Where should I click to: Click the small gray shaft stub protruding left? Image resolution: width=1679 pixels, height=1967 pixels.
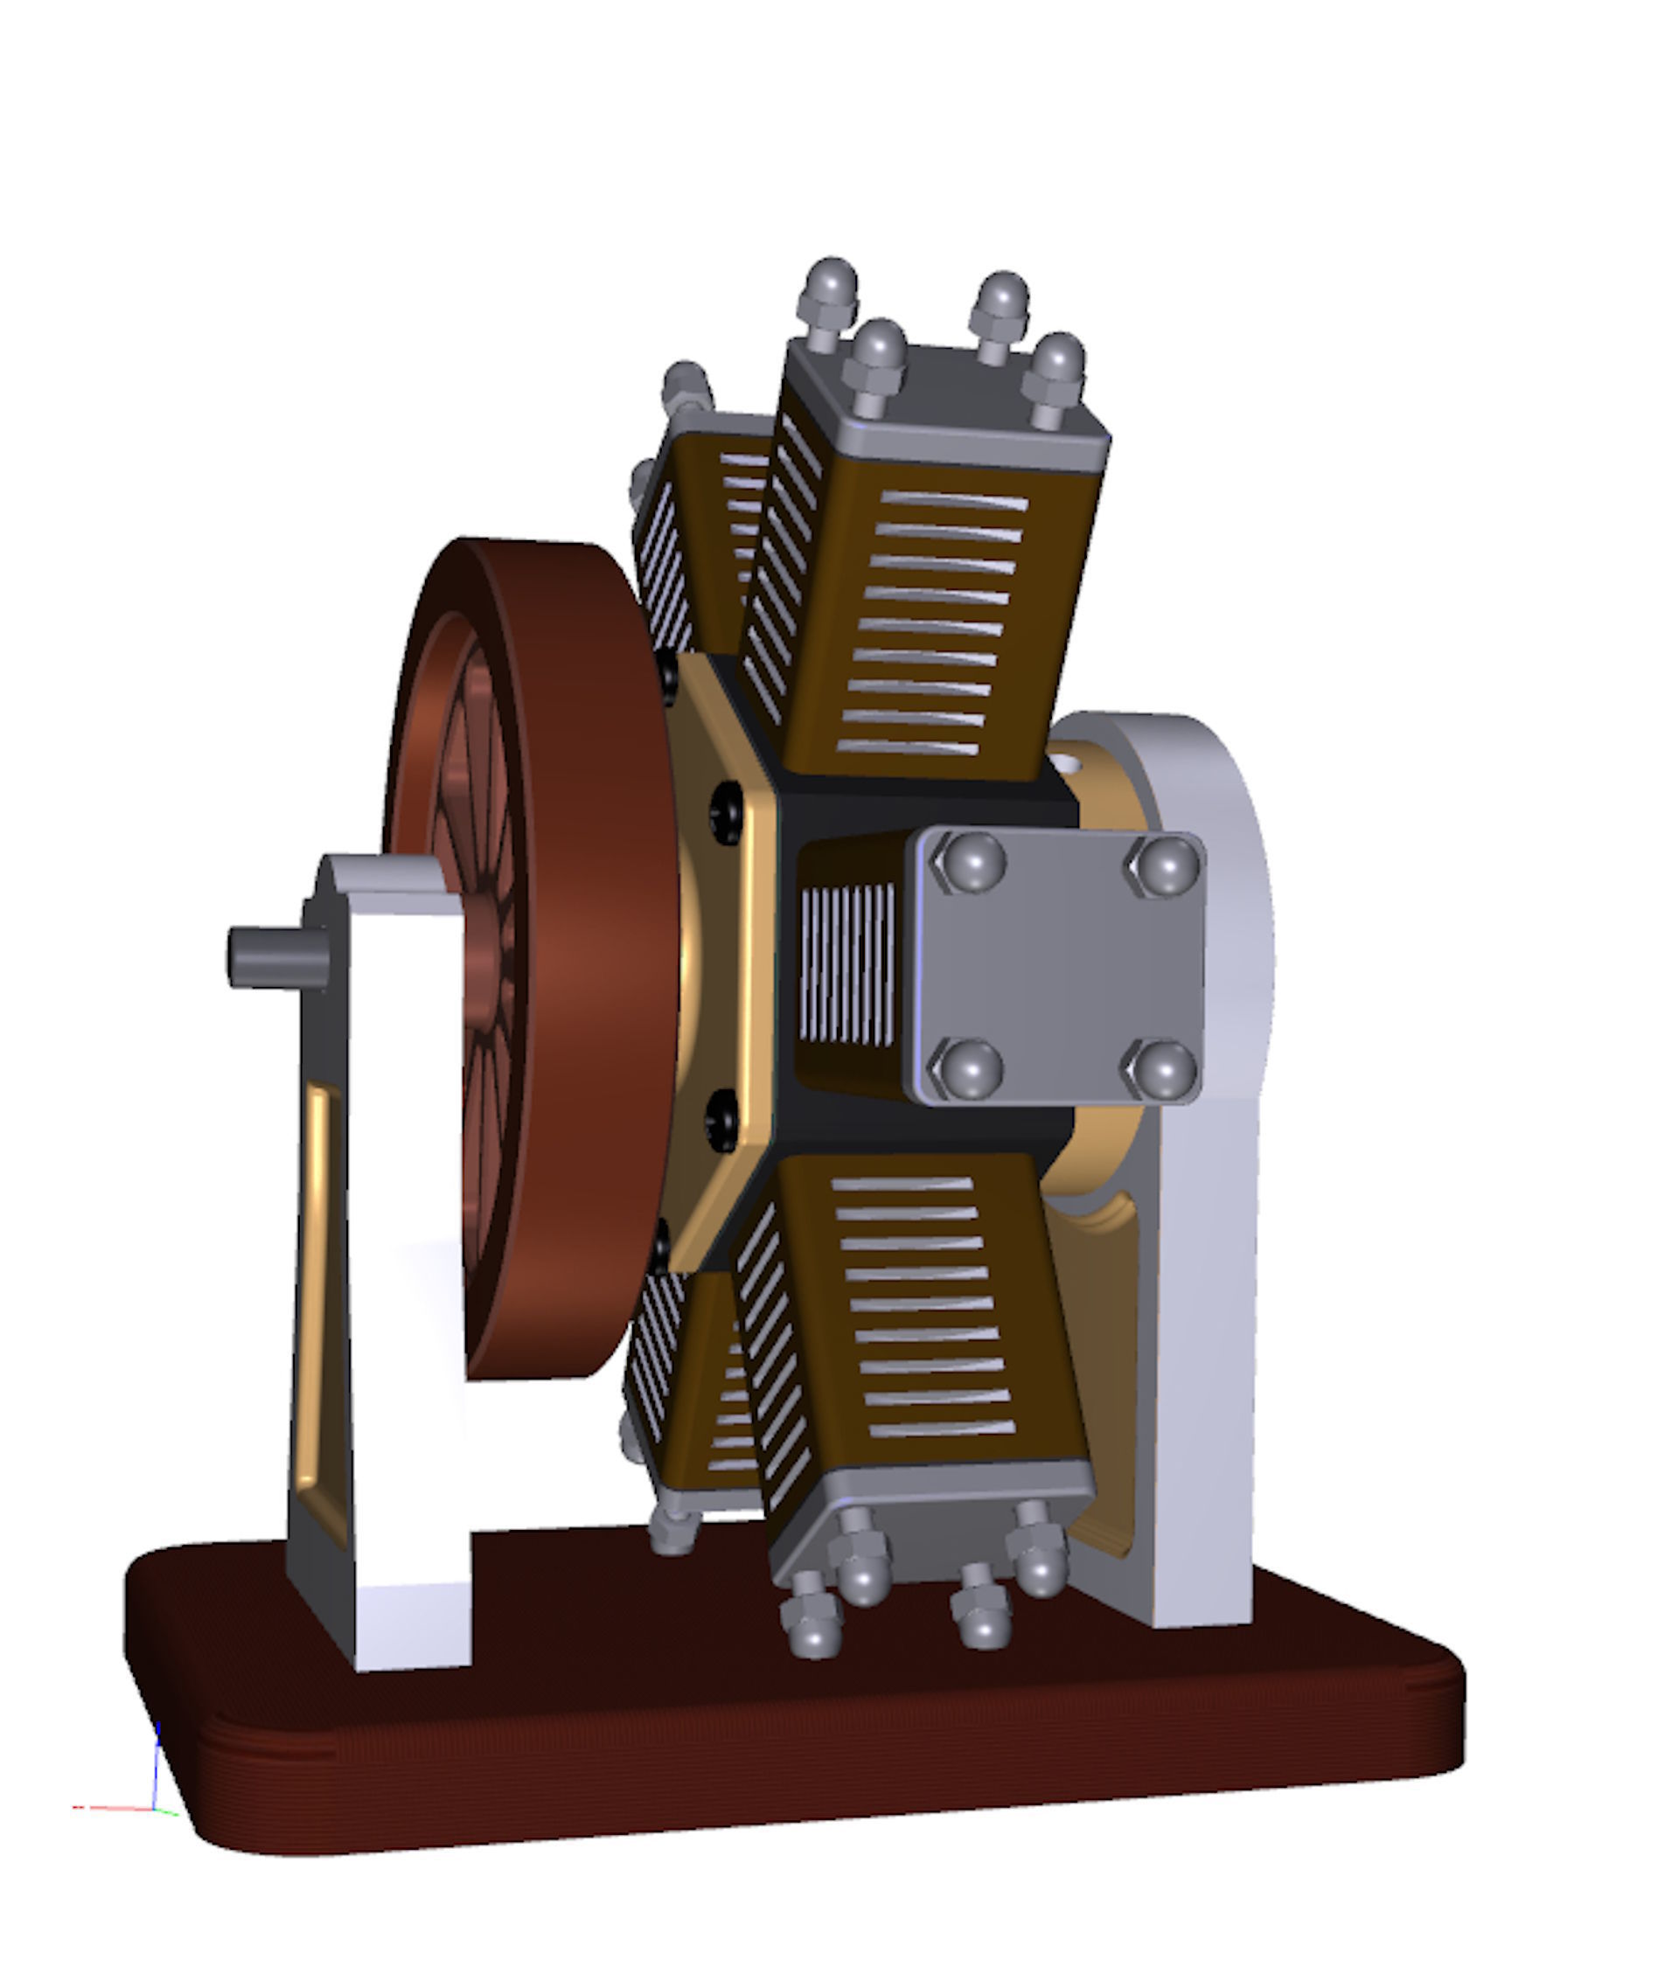point(275,956)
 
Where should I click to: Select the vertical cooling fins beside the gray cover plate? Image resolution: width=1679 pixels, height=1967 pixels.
point(847,964)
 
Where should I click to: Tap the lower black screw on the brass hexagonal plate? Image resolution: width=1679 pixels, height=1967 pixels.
point(724,1120)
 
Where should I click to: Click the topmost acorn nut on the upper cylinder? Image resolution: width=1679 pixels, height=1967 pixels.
point(832,280)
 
